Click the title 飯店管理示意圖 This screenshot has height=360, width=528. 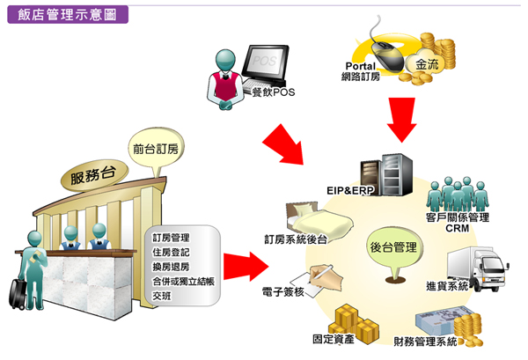coord(67,14)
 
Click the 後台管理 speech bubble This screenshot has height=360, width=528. coord(392,249)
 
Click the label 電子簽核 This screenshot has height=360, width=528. coord(283,290)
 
